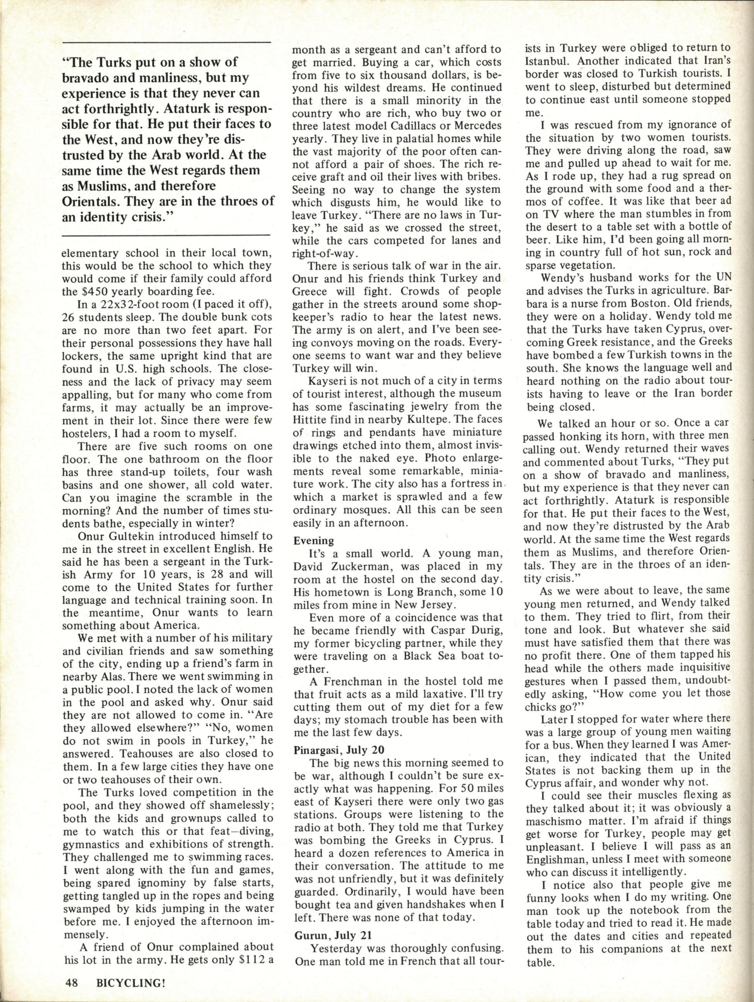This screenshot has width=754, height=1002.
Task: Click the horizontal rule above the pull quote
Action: [x=165, y=42]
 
